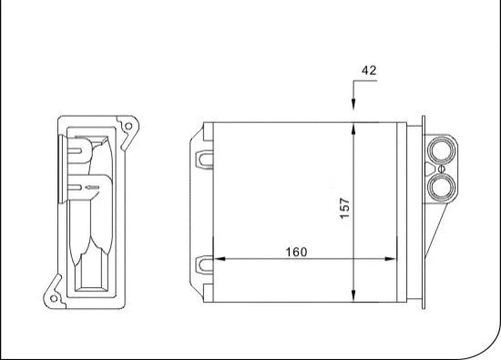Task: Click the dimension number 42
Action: [368, 69]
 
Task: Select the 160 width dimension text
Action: [295, 252]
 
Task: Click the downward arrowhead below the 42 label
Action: [353, 113]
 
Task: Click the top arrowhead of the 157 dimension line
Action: [353, 128]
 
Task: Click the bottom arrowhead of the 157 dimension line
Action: [353, 295]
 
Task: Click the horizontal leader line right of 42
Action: [364, 82]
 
